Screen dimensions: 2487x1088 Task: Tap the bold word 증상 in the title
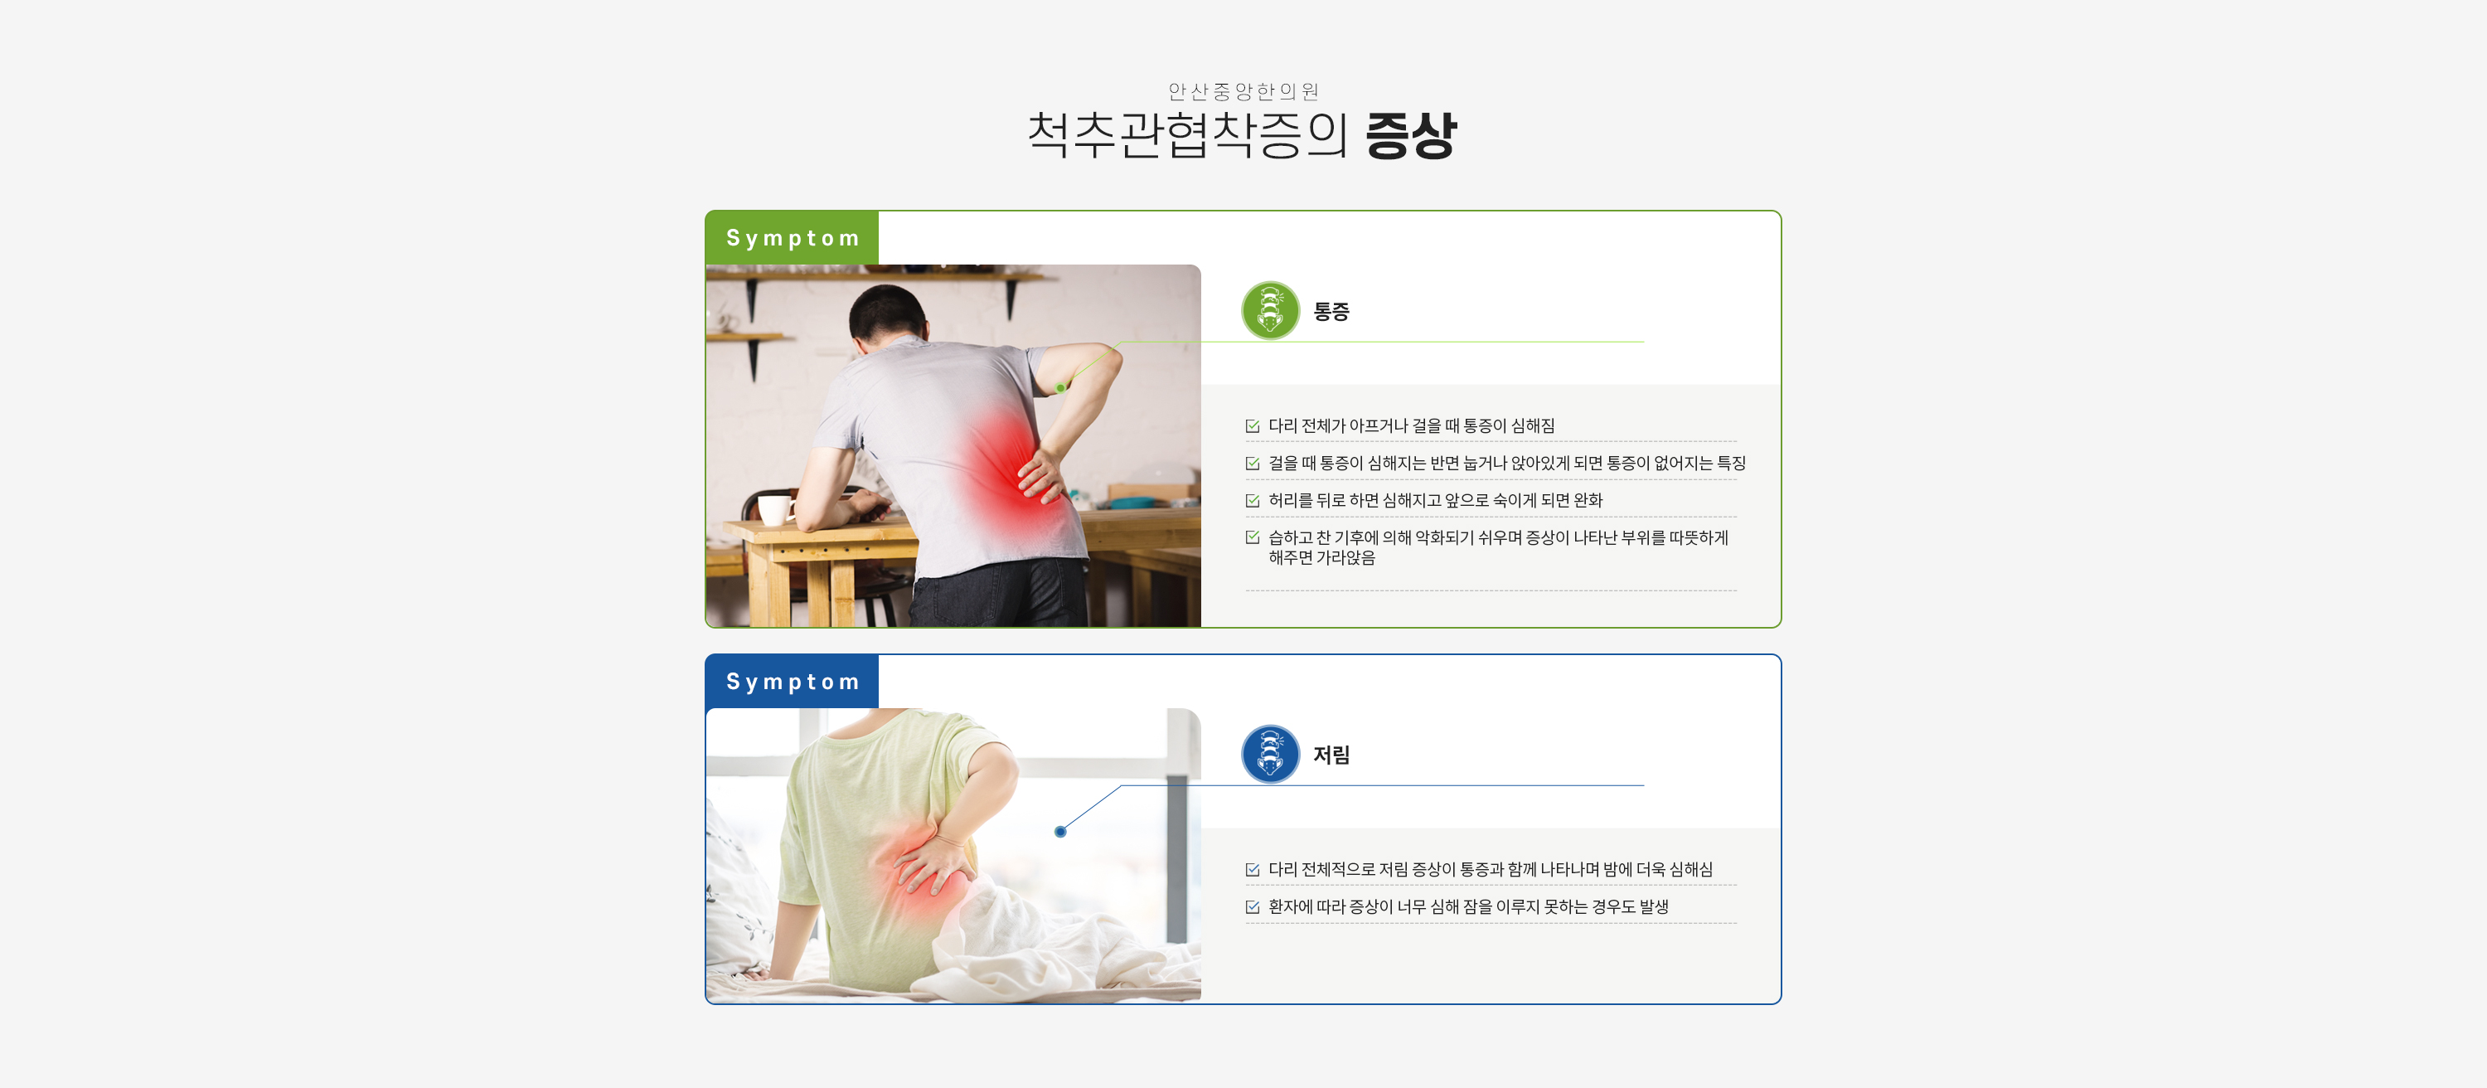click(1409, 135)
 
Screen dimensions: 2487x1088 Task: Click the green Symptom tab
click(792, 237)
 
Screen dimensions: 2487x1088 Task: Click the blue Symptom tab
click(792, 682)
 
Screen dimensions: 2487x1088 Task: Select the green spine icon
click(1271, 311)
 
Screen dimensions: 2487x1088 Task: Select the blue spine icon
click(1271, 754)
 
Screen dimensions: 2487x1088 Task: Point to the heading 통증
click(1331, 312)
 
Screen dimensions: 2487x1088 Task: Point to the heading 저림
click(1331, 755)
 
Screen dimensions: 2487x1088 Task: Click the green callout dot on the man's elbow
click(1060, 388)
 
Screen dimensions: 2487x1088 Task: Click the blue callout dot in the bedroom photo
click(1060, 832)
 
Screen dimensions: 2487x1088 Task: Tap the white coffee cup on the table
click(774, 509)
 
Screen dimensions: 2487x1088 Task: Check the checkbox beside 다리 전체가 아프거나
click(1252, 425)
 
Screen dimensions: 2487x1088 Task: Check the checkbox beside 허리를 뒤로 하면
click(1252, 501)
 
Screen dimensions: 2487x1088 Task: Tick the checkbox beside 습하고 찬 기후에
click(1252, 537)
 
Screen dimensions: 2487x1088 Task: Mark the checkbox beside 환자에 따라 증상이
click(1252, 907)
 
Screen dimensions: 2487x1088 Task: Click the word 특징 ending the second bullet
click(1731, 464)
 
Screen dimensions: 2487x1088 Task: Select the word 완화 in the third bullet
click(1588, 500)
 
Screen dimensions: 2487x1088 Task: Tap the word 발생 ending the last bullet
click(1654, 906)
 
